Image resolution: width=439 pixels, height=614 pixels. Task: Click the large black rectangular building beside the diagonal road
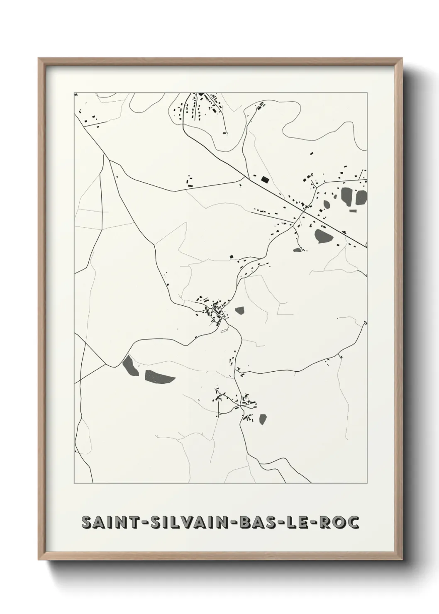[265, 180]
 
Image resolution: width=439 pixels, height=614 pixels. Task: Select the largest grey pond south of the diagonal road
[322, 236]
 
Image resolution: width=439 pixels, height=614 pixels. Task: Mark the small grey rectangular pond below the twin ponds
[353, 211]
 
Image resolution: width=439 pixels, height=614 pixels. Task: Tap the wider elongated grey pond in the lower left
[159, 377]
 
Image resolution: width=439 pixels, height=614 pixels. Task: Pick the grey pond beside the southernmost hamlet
[263, 419]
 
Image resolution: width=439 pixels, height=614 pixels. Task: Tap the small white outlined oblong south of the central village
[224, 331]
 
